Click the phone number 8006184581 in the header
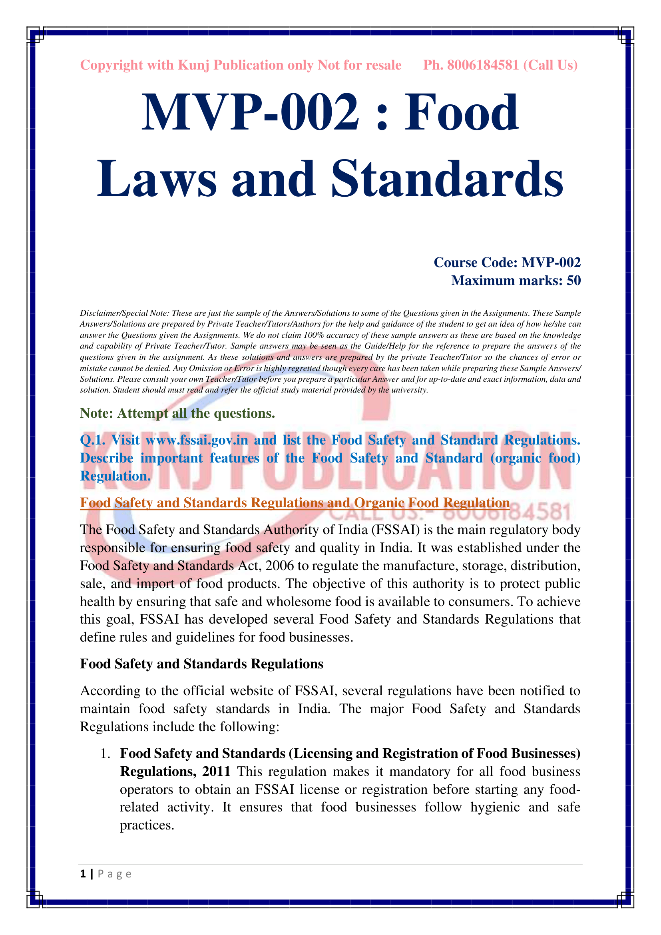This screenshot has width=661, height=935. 483,65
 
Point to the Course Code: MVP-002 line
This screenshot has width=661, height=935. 507,262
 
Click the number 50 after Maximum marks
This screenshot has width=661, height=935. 573,281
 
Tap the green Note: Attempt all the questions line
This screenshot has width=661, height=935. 177,413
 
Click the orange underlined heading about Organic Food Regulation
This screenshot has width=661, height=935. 295,503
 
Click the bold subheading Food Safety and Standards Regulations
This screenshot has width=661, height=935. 201,664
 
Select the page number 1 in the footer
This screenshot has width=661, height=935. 83,874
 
